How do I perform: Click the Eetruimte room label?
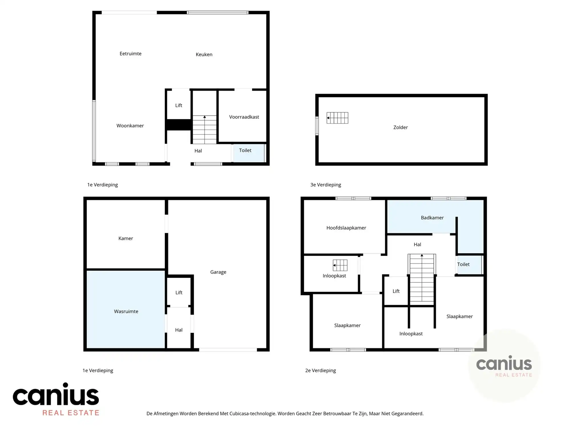pyautogui.click(x=131, y=54)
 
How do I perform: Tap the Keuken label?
pyautogui.click(x=204, y=54)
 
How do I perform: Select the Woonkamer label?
pyautogui.click(x=130, y=126)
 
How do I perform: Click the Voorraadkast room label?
pyautogui.click(x=244, y=117)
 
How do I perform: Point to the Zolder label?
pyautogui.click(x=400, y=128)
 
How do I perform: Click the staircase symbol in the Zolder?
pyautogui.click(x=337, y=118)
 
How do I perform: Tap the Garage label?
pyautogui.click(x=218, y=272)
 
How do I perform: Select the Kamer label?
pyautogui.click(x=126, y=239)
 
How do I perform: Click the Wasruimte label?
pyautogui.click(x=126, y=312)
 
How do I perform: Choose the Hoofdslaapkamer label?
pyautogui.click(x=346, y=228)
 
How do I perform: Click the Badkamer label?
pyautogui.click(x=432, y=218)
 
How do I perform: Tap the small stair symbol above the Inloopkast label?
pyautogui.click(x=340, y=265)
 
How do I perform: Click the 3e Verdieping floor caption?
pyautogui.click(x=326, y=185)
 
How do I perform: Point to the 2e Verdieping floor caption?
pyautogui.click(x=321, y=371)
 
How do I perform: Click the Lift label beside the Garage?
pyautogui.click(x=179, y=293)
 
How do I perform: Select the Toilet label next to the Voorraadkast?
pyautogui.click(x=245, y=150)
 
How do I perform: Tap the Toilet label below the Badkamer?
pyautogui.click(x=463, y=265)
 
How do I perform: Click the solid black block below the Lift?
pyautogui.click(x=179, y=125)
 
